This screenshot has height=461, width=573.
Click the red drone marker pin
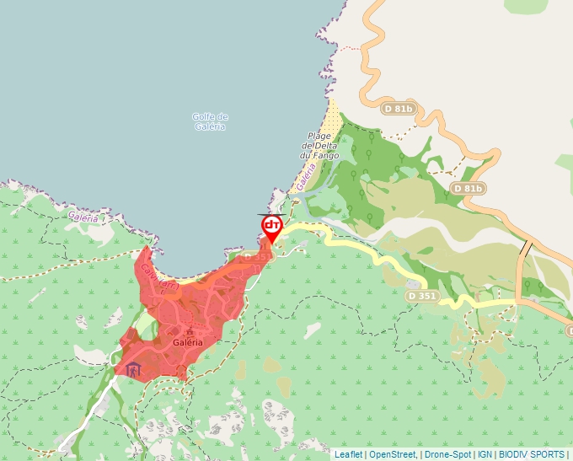pyautogui.click(x=271, y=227)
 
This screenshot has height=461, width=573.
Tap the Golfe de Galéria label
pyautogui.click(x=211, y=121)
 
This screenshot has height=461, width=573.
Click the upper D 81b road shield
pyautogui.click(x=398, y=109)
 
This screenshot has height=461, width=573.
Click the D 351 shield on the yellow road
pyautogui.click(x=421, y=296)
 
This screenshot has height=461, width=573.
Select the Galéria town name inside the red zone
pyautogui.click(x=188, y=343)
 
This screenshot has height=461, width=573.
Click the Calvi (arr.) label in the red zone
pyautogui.click(x=158, y=277)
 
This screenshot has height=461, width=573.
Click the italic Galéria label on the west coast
pyautogui.click(x=83, y=217)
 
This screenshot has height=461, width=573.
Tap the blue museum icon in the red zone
pyautogui.click(x=133, y=369)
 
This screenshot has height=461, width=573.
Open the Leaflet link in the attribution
pyautogui.click(x=348, y=454)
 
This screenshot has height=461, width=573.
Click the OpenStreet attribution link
pyautogui.click(x=394, y=454)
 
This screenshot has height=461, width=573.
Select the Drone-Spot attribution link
pyautogui.click(x=447, y=454)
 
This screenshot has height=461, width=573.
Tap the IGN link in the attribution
pyautogui.click(x=485, y=454)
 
